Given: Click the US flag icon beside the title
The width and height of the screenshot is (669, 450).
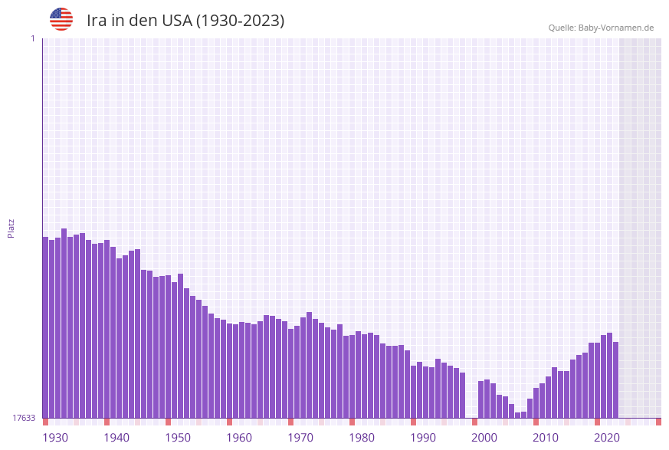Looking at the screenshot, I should coord(61,19).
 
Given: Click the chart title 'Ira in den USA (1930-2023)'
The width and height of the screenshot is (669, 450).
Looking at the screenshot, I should coord(185,21).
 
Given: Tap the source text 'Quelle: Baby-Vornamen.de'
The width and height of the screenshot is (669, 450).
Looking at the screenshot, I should coord(601,28).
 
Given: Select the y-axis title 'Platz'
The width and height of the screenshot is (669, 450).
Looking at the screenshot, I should coord(11,228).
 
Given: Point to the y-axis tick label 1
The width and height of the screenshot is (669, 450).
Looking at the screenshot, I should coord(32,38).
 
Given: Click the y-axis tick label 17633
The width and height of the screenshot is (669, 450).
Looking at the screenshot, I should coord(23,418).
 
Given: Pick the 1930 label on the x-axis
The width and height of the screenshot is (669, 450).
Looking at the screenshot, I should coord(55,438).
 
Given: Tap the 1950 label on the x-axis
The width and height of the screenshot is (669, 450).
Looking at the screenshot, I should coord(178,438).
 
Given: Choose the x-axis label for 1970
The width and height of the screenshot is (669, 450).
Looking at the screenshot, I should coord(300,438).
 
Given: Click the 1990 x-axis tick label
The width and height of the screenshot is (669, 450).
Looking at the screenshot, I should coord(423,438).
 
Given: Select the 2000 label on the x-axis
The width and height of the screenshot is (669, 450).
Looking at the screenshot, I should coord(484,438).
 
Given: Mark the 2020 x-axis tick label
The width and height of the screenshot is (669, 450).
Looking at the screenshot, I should coord(607,438).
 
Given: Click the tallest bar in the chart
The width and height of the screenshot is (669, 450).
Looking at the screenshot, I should coord(64,322).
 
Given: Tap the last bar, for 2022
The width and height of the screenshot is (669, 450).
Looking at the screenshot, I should coord(615,379).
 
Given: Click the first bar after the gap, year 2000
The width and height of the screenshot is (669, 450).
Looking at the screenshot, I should coord(481,399).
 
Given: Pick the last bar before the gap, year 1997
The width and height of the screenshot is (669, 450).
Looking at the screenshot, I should coord(463,395).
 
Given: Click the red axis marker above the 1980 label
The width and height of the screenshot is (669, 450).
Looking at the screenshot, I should coord(352,422).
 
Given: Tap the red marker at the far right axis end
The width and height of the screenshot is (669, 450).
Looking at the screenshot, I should coord(658,422).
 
